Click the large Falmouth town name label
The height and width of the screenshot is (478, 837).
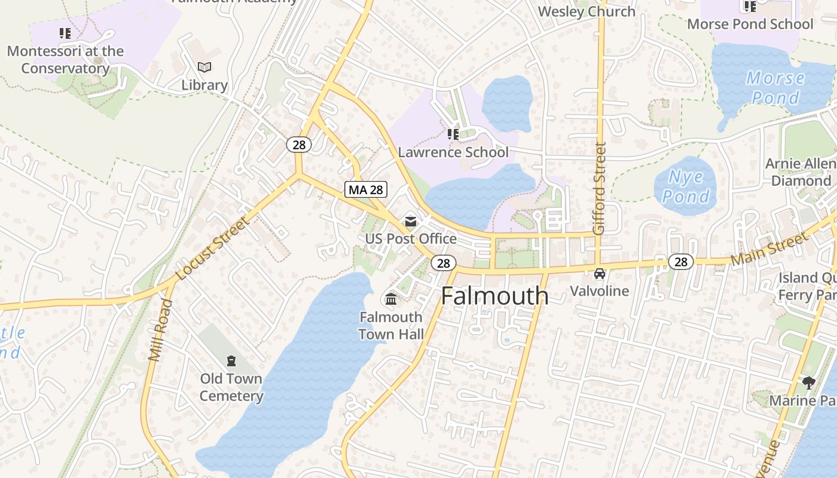coord(494,296)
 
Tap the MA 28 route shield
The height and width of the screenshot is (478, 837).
coord(366,189)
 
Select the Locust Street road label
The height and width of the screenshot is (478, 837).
coord(212,249)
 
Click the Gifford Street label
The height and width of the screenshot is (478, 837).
coord(600,188)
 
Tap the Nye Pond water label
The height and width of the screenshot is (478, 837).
coord(686,186)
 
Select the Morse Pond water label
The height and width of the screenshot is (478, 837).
coord(775,87)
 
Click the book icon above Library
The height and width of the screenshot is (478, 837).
coord(204,68)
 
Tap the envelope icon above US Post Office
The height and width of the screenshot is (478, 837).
coord(411,222)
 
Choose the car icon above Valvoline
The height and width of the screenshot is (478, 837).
coord(599,274)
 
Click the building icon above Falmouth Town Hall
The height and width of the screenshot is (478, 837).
coord(391,299)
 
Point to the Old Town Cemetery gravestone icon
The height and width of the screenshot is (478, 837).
coord(231,360)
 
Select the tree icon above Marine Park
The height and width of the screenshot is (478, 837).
coord(808,382)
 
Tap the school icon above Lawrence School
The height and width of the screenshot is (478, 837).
coord(453,134)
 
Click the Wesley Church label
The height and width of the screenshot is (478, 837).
coord(586,11)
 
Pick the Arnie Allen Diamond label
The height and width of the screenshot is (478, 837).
coord(801,172)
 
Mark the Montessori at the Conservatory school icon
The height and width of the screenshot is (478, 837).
coord(65,33)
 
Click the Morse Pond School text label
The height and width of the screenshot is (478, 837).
coord(750,24)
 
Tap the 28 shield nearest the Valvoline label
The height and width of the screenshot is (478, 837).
coord(681,261)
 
